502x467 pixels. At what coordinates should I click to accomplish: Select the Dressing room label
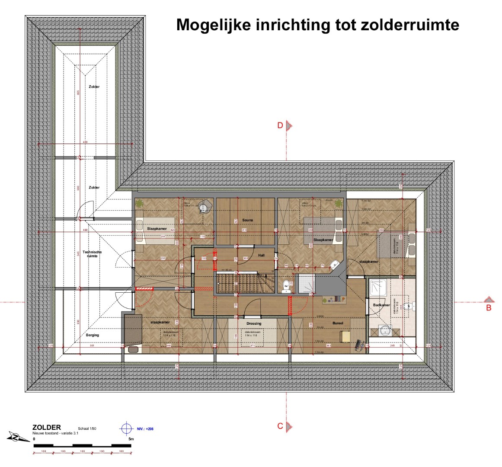(254, 323)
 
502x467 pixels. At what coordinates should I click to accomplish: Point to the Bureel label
(337, 323)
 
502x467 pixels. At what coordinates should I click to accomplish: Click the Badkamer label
(381, 305)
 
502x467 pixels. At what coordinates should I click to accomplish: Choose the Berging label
(93, 335)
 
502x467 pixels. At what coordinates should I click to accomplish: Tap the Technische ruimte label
(92, 254)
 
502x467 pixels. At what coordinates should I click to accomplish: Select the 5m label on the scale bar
(131, 439)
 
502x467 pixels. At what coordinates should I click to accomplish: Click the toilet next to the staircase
(286, 287)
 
